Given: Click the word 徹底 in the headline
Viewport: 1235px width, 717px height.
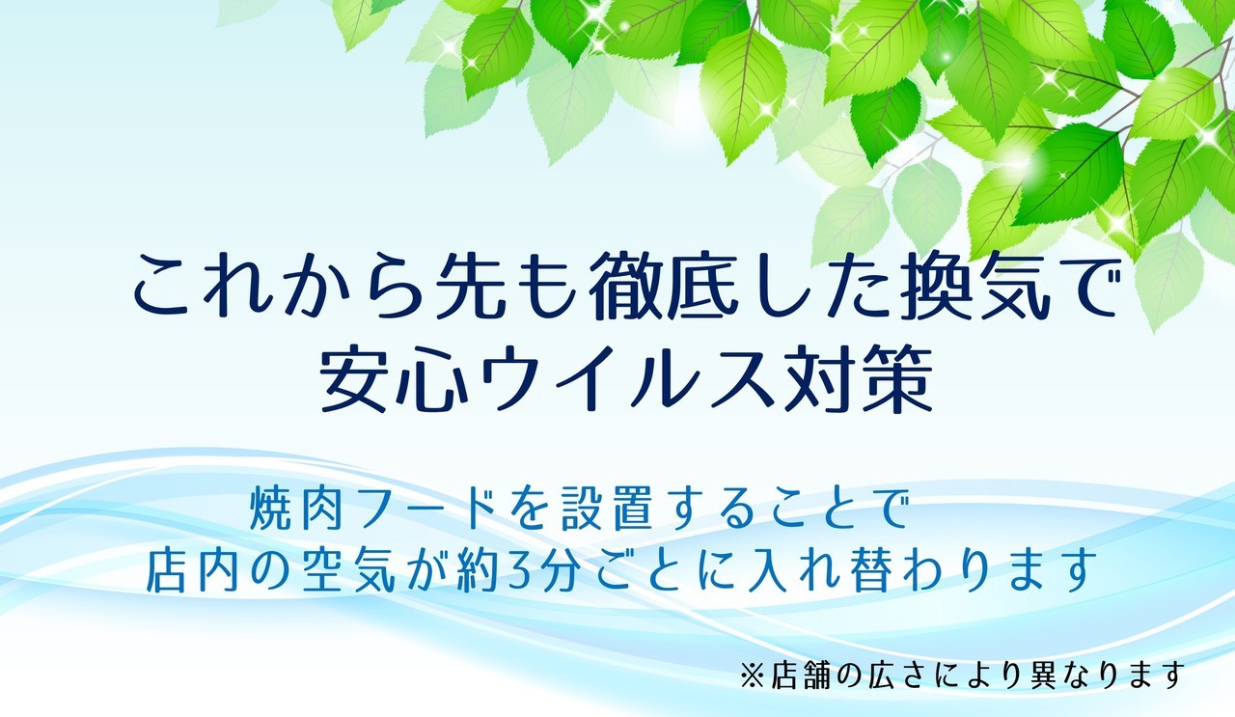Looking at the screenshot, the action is pos(664,286).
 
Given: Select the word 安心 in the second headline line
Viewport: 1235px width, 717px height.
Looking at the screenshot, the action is pos(394,378).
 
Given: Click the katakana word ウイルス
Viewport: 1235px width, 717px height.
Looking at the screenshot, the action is pos(626,378).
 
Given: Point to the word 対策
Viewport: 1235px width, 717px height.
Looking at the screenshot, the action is pos(859,378).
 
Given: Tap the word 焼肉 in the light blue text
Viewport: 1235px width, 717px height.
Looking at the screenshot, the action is pos(297,509).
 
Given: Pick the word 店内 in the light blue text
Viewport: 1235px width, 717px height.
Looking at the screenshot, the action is pos(193,569).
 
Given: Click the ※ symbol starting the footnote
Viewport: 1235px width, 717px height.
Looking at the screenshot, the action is pos(753,676).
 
